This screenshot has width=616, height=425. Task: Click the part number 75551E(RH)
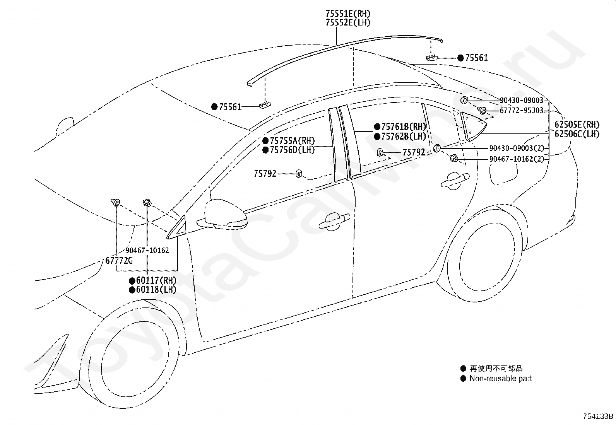click(348, 14)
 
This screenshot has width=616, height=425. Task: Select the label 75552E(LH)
click(348, 22)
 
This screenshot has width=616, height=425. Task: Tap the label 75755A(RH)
click(292, 141)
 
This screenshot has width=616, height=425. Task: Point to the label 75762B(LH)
click(404, 136)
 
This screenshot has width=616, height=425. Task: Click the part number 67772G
click(119, 260)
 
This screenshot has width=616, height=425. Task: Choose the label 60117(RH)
click(156, 280)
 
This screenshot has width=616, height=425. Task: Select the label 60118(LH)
click(156, 290)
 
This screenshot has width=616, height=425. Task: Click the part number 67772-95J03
click(522, 110)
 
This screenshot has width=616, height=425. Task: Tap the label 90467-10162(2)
click(517, 159)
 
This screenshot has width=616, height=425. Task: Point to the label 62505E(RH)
click(577, 125)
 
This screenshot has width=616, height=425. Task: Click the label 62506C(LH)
click(577, 134)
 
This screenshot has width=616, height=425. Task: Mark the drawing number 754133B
click(598, 416)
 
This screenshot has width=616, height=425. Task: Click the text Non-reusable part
click(501, 379)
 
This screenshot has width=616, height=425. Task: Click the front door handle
click(334, 222)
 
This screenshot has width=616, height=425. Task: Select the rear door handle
click(455, 181)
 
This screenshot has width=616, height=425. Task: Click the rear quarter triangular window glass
click(472, 127)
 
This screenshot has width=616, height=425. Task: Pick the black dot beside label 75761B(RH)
click(377, 127)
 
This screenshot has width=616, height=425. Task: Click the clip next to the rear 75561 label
click(431, 58)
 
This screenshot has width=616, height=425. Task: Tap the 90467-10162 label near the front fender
click(147, 250)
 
